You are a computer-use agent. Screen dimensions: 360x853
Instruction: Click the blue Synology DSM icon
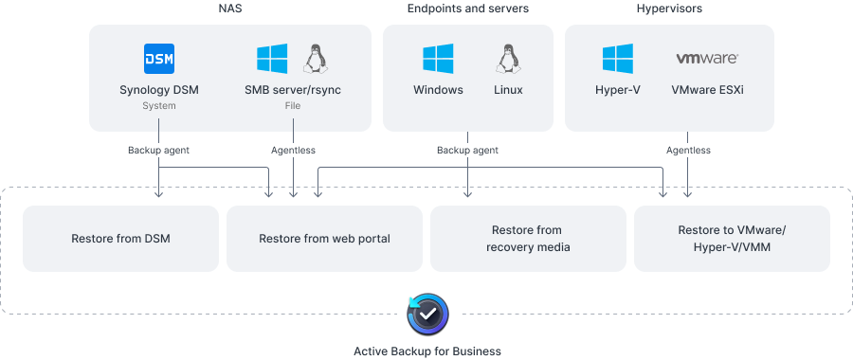(x=158, y=59)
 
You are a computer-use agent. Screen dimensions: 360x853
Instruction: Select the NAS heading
(x=229, y=9)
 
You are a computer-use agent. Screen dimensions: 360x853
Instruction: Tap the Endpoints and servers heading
(x=467, y=9)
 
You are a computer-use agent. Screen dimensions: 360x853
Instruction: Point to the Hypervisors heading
(x=668, y=9)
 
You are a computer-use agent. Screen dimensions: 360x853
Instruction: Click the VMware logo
(x=706, y=59)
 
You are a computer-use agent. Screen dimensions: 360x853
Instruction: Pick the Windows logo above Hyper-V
(x=617, y=59)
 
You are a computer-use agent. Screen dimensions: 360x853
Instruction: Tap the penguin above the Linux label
(x=507, y=59)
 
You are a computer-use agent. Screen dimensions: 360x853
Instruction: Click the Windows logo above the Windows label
(x=437, y=59)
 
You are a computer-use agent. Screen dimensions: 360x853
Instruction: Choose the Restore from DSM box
(x=120, y=238)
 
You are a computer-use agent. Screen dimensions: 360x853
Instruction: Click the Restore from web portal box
(x=324, y=238)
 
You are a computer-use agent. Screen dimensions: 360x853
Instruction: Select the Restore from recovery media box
(x=528, y=238)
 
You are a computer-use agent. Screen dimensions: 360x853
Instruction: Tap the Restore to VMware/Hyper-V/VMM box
(x=732, y=238)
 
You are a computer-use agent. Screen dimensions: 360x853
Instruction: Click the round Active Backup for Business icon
(x=426, y=313)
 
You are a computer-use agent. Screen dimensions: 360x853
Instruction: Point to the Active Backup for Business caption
(x=426, y=351)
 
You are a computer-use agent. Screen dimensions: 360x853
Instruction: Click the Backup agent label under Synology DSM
(x=158, y=150)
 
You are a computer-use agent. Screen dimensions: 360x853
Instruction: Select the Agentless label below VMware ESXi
(x=687, y=150)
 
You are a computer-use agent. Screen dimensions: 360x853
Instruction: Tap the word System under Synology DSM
(x=158, y=106)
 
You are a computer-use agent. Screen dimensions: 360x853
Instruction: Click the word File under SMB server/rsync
(x=293, y=106)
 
